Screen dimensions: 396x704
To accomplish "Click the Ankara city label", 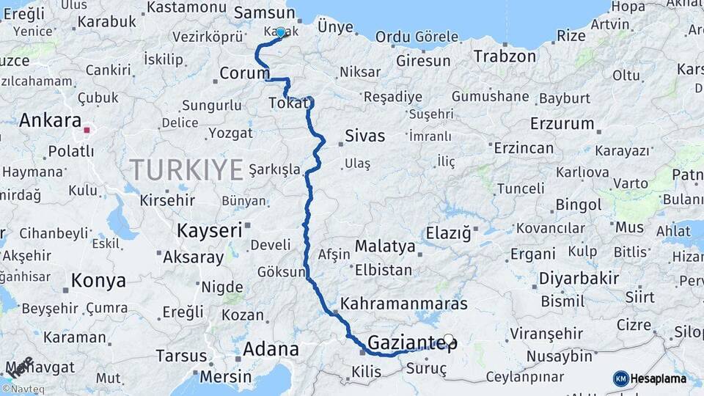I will point(50,120).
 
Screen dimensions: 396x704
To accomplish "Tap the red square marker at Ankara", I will point(87,131).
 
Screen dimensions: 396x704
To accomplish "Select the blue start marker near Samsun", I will point(280,32).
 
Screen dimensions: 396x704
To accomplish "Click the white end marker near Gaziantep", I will point(448,340).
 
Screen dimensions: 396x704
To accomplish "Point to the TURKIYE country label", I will point(186,170).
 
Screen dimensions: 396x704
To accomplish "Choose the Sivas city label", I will point(364,135).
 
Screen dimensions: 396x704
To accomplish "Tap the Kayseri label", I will point(209,231).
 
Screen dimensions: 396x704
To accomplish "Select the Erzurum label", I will point(561,123).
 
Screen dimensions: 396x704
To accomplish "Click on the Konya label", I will point(98,280).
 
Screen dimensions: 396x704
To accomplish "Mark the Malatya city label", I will point(384,246).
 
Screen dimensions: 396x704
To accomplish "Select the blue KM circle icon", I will point(620,378).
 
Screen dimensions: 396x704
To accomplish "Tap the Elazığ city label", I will point(447,234).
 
